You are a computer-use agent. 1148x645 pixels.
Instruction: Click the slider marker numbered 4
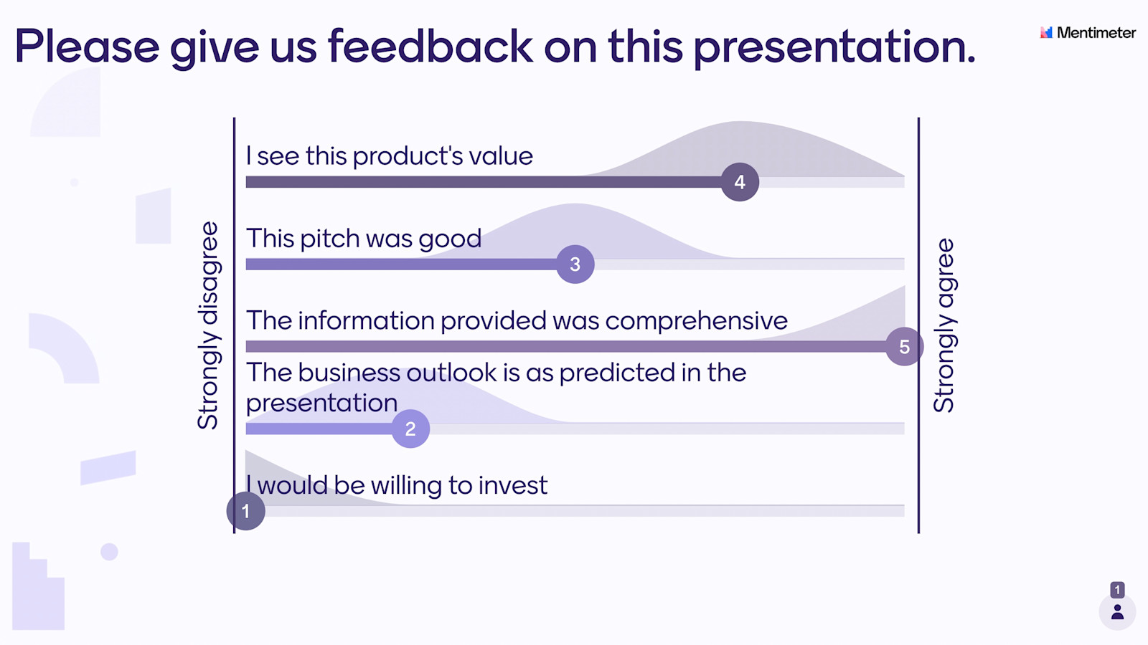(x=740, y=182)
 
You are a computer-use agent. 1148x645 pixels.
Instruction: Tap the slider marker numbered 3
(x=575, y=264)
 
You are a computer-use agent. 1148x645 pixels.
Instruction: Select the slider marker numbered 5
(x=905, y=347)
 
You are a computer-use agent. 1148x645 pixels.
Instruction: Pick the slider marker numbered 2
(x=410, y=429)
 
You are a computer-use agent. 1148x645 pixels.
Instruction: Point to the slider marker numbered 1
(x=246, y=511)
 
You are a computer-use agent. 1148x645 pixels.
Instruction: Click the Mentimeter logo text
(x=1096, y=33)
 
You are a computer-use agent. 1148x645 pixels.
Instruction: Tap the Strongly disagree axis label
(x=208, y=325)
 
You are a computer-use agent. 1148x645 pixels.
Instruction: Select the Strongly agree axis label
(x=944, y=325)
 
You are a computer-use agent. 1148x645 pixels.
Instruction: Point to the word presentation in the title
(x=834, y=48)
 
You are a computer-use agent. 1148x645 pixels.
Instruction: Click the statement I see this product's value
(x=389, y=156)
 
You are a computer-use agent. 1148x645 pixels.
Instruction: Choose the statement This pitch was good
(x=364, y=239)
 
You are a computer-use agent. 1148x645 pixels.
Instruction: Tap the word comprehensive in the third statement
(x=697, y=321)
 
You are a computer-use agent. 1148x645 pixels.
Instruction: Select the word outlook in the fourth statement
(x=451, y=372)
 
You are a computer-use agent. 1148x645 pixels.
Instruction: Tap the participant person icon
(x=1117, y=612)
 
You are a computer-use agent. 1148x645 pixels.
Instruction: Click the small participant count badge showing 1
(x=1117, y=590)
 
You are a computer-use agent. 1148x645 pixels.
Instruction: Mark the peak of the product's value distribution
(x=740, y=122)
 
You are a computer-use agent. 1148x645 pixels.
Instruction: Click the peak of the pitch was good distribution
(x=575, y=204)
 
